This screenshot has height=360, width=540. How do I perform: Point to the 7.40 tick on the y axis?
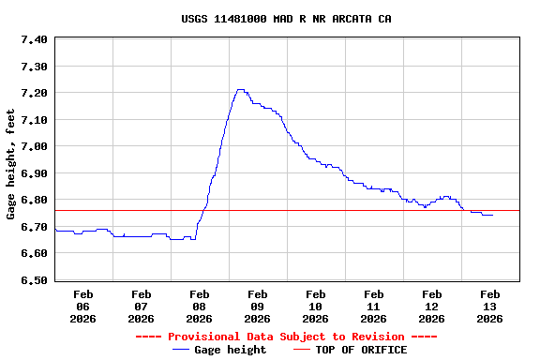pyautogui.click(x=33, y=40)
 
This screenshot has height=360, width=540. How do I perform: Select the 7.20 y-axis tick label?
pyautogui.click(x=33, y=94)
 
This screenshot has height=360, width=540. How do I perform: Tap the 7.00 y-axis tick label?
pyautogui.click(x=33, y=147)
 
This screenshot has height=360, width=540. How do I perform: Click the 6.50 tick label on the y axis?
pyautogui.click(x=33, y=280)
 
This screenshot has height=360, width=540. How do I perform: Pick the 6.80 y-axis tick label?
pyautogui.click(x=33, y=201)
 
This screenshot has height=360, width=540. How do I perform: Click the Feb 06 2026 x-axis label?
pyautogui.click(x=83, y=307)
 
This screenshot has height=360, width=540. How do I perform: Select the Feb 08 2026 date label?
pyautogui.click(x=200, y=307)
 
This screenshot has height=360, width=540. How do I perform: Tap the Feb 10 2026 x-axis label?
pyautogui.click(x=316, y=307)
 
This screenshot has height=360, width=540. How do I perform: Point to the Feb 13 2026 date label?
pyautogui.click(x=489, y=307)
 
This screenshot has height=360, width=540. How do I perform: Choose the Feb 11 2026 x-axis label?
pyautogui.click(x=374, y=307)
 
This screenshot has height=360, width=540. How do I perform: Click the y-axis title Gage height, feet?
pyautogui.click(x=11, y=164)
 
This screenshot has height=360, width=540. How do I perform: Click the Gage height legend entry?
pyautogui.click(x=230, y=350)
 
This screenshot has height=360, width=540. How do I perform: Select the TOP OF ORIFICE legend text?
pyautogui.click(x=361, y=350)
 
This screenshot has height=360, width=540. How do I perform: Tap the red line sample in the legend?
pyautogui.click(x=301, y=350)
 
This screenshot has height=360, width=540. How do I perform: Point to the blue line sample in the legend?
pyautogui.click(x=181, y=350)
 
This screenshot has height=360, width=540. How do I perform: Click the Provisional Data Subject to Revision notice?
pyautogui.click(x=286, y=337)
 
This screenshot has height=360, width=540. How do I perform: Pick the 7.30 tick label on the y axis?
pyautogui.click(x=33, y=67)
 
